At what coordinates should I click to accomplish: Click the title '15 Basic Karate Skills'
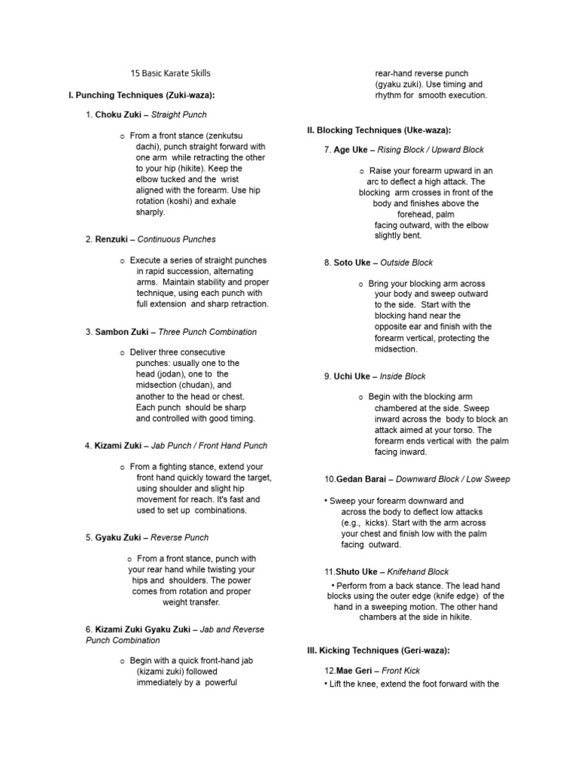pyautogui.click(x=170, y=73)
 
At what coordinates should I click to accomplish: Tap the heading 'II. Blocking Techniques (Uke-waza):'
pyautogui.click(x=379, y=130)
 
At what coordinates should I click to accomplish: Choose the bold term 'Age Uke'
pyautogui.click(x=350, y=150)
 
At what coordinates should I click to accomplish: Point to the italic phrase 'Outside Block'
pyautogui.click(x=406, y=263)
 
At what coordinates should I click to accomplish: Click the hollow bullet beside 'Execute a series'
pyautogui.click(x=123, y=261)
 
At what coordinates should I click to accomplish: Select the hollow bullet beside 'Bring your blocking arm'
pyautogui.click(x=362, y=284)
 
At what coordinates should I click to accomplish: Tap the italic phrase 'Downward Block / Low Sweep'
pyautogui.click(x=452, y=479)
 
